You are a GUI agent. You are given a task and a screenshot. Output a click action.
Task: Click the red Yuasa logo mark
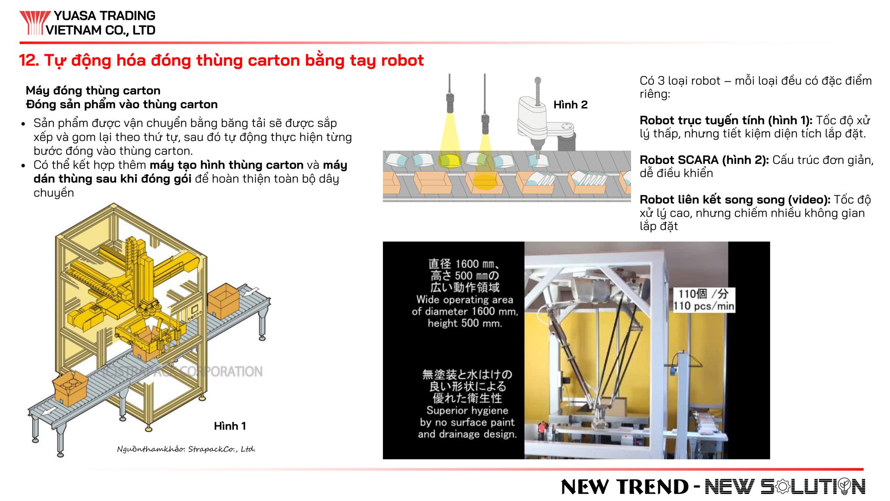coord(34,23)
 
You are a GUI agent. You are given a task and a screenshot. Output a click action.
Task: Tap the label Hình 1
coord(230,426)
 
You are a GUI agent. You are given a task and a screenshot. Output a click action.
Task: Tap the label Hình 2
coord(570,105)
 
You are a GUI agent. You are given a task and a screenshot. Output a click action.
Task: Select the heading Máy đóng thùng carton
coord(93,90)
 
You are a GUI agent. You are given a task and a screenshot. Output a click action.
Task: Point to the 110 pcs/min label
coord(704,306)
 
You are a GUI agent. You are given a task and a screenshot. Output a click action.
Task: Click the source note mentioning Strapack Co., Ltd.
coord(186,449)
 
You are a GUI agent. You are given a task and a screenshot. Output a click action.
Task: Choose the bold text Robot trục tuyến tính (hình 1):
coord(726,120)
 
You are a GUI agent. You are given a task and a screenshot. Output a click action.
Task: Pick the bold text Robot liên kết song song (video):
coord(735,200)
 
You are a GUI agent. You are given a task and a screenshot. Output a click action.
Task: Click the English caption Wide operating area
coord(465,300)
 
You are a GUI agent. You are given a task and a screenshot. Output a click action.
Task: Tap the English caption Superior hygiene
coord(467,411)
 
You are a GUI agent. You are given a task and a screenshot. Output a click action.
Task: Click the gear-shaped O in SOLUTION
coord(783,487)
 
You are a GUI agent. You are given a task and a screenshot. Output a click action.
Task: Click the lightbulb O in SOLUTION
coord(844,486)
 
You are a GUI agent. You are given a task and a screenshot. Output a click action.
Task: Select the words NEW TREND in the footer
coord(625,487)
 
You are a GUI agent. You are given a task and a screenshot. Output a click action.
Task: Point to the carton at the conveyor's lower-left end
coord(70,388)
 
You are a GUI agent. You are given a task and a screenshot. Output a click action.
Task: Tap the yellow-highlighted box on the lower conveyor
coord(485,182)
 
